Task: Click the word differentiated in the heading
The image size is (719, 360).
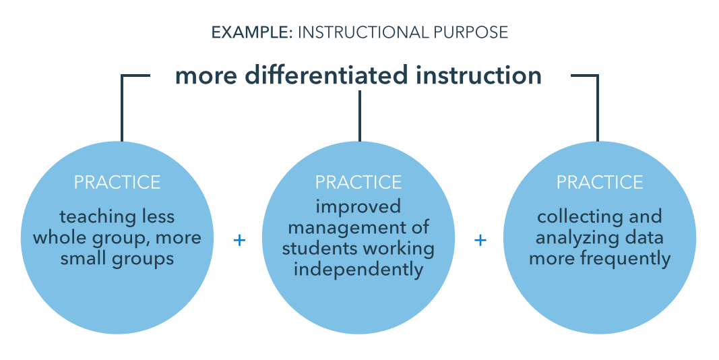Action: coord(326,76)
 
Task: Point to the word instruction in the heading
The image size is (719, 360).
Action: coord(478,76)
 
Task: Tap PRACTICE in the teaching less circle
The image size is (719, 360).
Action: coord(117,183)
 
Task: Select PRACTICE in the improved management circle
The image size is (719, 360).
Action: coord(358,183)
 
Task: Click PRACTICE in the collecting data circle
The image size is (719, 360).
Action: coord(600,183)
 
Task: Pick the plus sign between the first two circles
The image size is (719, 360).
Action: coord(239,240)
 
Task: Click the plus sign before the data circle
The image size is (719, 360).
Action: coord(480,240)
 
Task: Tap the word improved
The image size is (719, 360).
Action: coord(358,207)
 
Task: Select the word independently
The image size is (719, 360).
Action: coord(358,269)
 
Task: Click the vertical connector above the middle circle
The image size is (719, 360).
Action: coord(360,116)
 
